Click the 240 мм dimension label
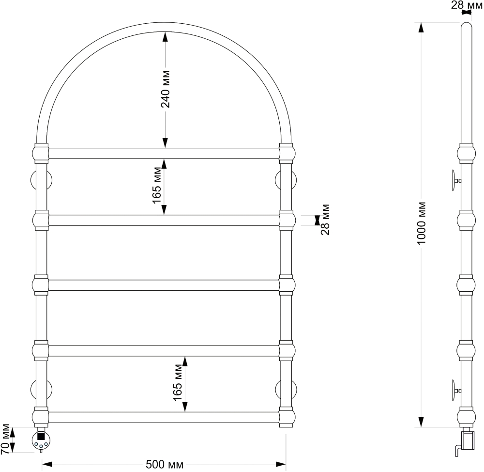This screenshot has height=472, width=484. pos(166,89)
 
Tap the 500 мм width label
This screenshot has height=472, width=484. pos(164,464)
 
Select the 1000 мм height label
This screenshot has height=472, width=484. pos(421,223)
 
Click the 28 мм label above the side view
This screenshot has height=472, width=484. pos(467,5)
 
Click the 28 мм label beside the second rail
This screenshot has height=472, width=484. pos(325,220)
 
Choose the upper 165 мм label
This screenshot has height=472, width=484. pos(157,186)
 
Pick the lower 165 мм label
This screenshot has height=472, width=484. pos(178,382)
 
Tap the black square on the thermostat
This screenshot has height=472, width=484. pos(41,436)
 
